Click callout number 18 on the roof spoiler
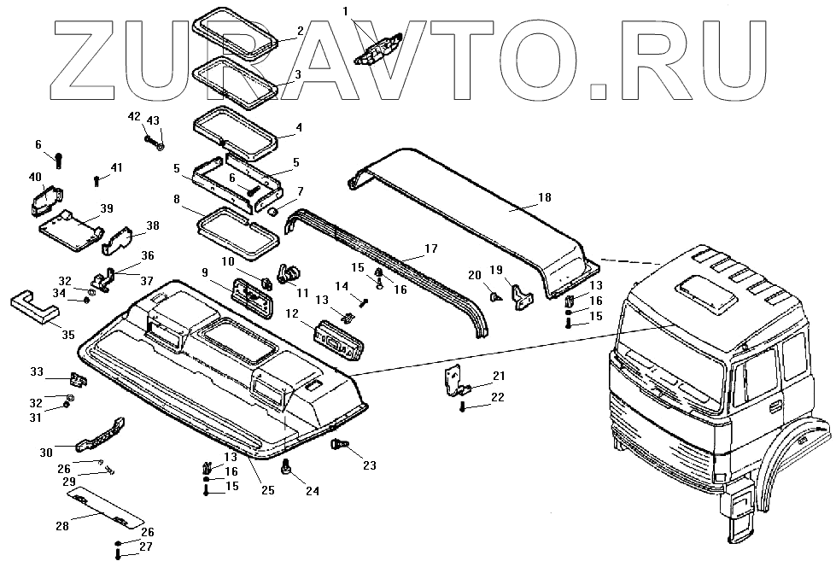[544, 198]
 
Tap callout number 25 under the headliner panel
[267, 490]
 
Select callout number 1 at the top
[345, 11]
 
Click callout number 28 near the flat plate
[61, 526]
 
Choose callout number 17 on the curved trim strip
[430, 248]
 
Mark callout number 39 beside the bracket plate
[107, 208]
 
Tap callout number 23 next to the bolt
[369, 465]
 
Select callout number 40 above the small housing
[35, 177]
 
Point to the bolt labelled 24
[286, 466]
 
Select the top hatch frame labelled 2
[236, 30]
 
